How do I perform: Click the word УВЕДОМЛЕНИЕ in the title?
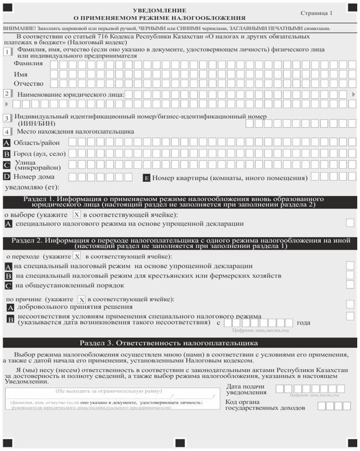[x=160, y=10]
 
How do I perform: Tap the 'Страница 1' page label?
[x=317, y=12]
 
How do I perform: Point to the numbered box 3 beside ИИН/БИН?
[x=7, y=118]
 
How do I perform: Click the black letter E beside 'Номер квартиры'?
[x=147, y=178]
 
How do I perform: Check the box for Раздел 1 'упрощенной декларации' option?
[x=350, y=223]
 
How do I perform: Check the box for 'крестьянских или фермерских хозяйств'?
[x=350, y=275]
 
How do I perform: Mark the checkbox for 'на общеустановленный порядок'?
[x=350, y=285]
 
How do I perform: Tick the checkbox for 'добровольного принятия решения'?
[x=350, y=304]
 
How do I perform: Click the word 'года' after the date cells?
[x=304, y=323]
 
